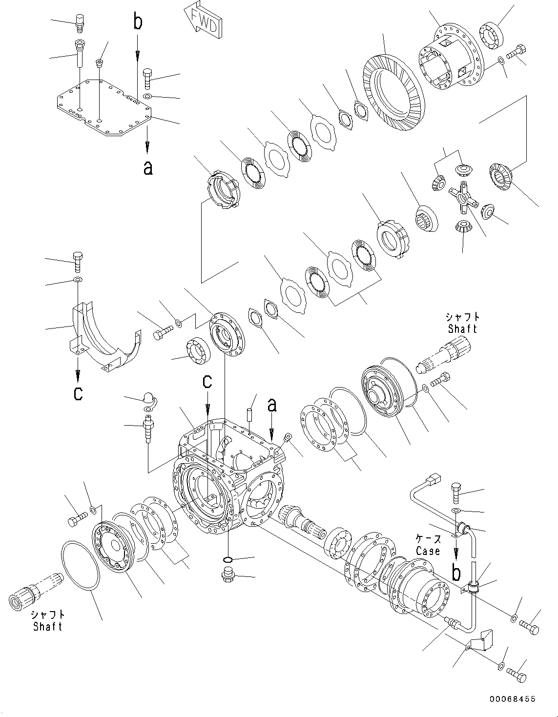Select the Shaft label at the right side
coord(462,328)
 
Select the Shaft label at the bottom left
coord(48,626)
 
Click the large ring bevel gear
coord(395,93)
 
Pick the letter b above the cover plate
coord(138,22)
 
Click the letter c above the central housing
coord(207,382)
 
